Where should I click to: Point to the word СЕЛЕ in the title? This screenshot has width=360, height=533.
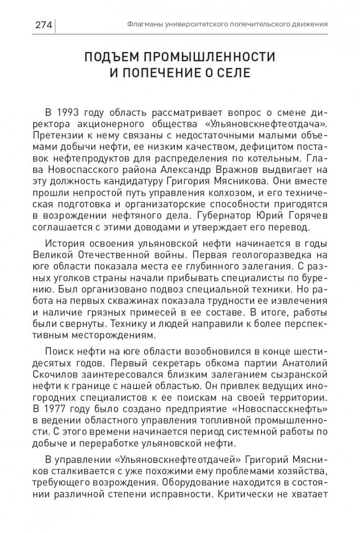(x=235, y=73)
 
